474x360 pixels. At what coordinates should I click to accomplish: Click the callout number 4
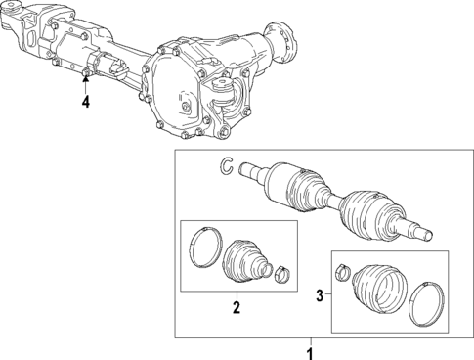85,100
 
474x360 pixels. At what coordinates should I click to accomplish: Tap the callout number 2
236,308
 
